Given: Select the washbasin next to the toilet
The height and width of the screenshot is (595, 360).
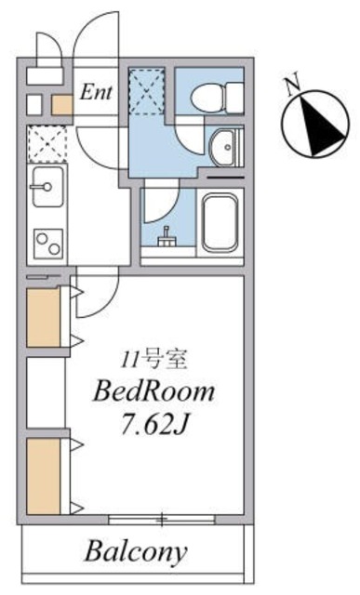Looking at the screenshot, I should coord(223,146).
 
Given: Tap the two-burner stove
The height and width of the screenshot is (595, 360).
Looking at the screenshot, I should coord(47,244).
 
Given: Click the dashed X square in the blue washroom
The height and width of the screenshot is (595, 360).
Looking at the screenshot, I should coord(146,91).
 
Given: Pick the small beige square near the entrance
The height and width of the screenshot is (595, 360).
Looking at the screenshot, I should coord(62,104).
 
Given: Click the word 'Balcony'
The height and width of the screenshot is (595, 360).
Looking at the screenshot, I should coord(137,551).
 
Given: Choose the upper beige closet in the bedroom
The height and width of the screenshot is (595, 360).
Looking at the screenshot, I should coord(43,318).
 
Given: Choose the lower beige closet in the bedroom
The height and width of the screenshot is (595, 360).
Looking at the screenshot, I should coord(43,475).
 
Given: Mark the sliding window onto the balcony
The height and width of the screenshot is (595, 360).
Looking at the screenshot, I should coord(164,519).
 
